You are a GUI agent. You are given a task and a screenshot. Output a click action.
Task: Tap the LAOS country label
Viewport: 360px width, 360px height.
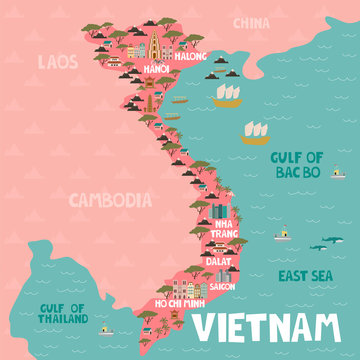[56, 62]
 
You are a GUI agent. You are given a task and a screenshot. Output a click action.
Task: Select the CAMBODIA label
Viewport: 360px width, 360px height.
[111, 199]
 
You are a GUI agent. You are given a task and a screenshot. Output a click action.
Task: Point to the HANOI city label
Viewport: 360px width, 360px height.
[156, 70]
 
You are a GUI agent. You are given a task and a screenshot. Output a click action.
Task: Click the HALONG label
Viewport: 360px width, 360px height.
[190, 57]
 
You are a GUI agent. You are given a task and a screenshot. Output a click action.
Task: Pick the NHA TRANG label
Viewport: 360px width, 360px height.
[227, 229]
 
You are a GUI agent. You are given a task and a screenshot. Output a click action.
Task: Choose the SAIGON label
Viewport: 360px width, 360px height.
[222, 285]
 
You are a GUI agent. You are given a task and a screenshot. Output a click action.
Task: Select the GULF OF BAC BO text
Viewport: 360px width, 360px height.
[297, 164]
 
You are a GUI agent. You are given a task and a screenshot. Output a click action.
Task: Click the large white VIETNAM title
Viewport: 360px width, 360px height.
[265, 326]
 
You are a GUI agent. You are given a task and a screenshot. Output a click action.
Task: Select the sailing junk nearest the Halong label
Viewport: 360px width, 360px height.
[229, 93]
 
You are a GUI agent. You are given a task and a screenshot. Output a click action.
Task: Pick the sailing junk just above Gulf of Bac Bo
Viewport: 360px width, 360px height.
[254, 132]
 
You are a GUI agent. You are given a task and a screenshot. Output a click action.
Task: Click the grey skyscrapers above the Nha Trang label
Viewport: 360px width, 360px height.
[219, 211]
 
